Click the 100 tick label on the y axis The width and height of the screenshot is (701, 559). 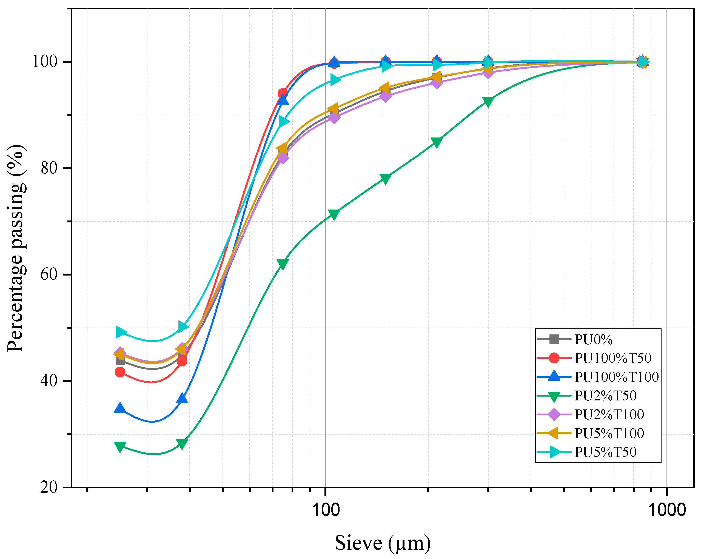pos(45,61)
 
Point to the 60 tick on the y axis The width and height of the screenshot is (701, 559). pos(49,274)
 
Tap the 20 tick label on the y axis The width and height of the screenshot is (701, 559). pos(49,487)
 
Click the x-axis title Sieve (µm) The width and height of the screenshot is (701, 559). pos(383,543)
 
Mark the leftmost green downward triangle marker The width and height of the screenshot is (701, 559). pos(120,446)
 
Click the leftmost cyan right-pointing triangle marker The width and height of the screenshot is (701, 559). pos(121,332)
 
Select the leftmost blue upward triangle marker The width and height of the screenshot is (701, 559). pos(120,408)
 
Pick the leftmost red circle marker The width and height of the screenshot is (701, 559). pos(120,372)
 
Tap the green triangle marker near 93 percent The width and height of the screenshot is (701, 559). pos(488,101)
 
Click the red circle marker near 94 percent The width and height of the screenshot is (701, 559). pos(283,94)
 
